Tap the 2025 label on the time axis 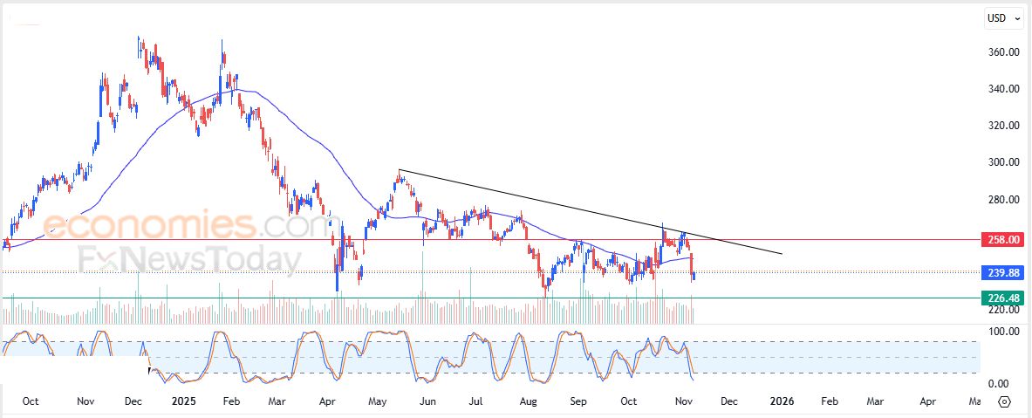183,401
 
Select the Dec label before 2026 729,401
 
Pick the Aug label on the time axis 527,401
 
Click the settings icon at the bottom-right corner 1003,401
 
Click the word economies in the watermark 147,225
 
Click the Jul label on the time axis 476,401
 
